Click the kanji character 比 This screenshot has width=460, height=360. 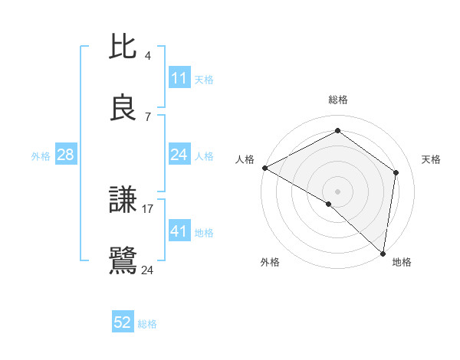123,47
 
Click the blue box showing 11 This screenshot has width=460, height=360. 179,77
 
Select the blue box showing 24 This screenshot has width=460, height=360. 179,155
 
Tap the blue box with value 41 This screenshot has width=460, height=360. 179,231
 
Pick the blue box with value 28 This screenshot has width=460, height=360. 66,155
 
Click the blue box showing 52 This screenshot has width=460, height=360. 123,322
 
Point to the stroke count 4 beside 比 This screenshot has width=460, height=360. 148,56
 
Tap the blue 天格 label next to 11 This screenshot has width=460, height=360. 204,79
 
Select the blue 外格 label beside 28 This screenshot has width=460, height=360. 41,155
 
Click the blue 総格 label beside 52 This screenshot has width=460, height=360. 147,324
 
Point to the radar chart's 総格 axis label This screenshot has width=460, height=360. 338,100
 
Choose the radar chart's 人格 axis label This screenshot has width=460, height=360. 245,159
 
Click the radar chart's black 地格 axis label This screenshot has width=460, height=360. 402,262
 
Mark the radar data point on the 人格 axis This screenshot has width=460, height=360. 264,168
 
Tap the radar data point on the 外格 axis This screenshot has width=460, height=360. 329,204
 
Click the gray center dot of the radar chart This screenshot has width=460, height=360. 338,191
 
